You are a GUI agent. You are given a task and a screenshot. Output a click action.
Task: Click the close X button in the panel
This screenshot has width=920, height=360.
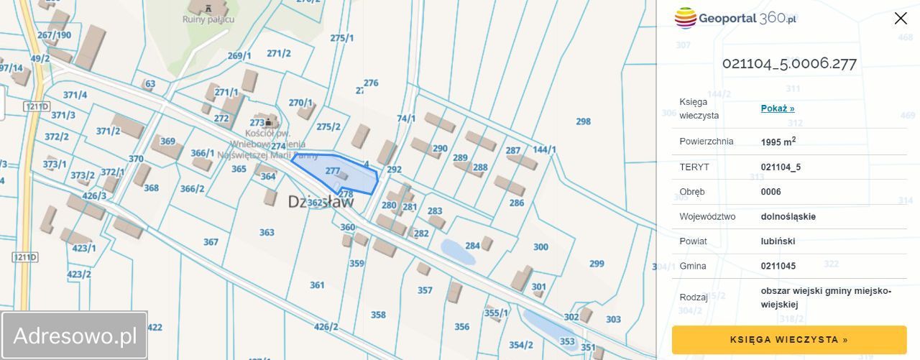pyautogui.click(x=901, y=19)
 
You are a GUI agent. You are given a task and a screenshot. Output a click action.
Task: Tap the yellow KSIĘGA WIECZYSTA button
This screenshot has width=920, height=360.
pyautogui.click(x=788, y=340)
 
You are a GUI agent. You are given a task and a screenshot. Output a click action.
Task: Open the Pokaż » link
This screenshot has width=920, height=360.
pyautogui.click(x=777, y=109)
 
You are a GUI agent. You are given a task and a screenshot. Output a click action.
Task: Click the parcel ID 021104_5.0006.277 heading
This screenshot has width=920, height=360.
pyautogui.click(x=788, y=63)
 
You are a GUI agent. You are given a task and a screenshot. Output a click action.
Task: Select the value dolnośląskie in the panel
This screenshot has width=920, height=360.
pyautogui.click(x=788, y=216)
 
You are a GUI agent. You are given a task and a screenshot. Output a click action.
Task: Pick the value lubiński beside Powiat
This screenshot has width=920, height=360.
pyautogui.click(x=778, y=241)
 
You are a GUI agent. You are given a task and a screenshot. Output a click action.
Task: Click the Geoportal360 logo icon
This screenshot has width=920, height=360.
pyautogui.click(x=686, y=18)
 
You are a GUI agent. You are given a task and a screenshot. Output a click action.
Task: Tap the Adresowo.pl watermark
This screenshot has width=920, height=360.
pyautogui.click(x=75, y=336)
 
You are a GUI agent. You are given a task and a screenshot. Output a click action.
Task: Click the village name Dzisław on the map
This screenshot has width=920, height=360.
pyautogui.click(x=321, y=202)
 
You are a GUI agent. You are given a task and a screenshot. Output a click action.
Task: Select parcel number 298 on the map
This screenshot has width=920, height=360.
pyautogui.click(x=583, y=121)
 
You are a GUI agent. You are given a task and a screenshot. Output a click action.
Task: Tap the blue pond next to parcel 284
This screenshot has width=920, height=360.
pyautogui.click(x=452, y=251)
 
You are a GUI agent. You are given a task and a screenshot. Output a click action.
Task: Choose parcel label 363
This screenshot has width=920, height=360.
pyautogui.click(x=267, y=232)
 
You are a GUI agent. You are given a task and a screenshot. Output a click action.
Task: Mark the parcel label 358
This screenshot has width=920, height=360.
pyautogui.click(x=378, y=315)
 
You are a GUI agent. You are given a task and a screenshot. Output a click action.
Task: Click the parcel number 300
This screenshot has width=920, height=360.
pyautogui.click(x=540, y=247)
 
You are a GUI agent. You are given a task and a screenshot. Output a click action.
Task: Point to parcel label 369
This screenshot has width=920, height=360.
pyautogui.click(x=167, y=142)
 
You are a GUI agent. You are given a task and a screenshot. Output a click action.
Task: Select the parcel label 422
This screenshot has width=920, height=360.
pyautogui.click(x=155, y=328)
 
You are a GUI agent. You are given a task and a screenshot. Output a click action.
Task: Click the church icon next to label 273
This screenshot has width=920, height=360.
pyautogui.click(x=272, y=119)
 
